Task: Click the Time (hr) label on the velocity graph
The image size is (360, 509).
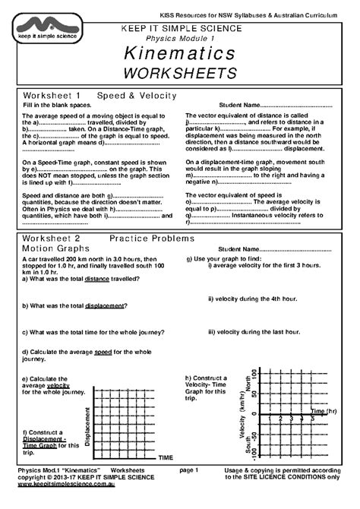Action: click(x=325, y=410)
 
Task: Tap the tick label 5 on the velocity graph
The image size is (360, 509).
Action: click(x=311, y=419)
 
